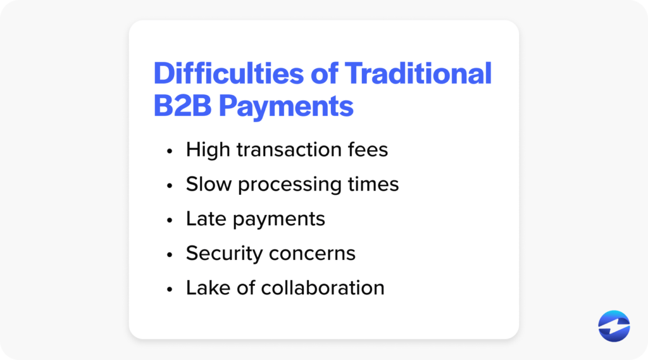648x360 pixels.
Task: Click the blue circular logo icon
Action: pos(614,326)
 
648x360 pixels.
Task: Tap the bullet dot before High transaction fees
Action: pos(169,152)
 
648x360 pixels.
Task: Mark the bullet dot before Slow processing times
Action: pos(169,186)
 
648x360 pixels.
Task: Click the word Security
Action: pos(225,254)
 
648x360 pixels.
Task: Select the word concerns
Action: pos(312,254)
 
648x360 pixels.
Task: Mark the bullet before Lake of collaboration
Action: pos(169,289)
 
